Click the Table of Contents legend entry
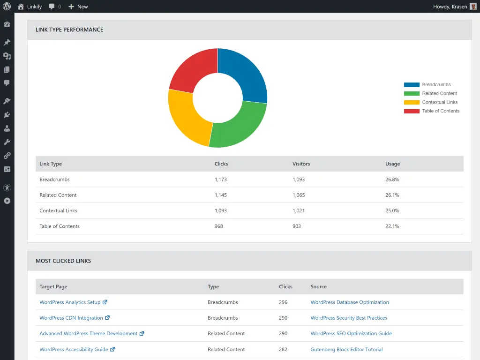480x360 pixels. [440, 111]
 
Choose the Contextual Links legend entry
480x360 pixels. [439, 102]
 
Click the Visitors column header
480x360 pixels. [301, 164]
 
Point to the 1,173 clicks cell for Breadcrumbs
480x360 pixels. [221, 180]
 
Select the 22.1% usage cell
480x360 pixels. [392, 226]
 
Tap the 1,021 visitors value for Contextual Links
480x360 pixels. [299, 211]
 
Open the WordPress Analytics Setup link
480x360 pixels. [70, 302]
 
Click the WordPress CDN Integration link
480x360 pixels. [71, 318]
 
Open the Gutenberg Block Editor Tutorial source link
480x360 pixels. [346, 349]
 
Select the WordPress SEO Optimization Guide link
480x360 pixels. [351, 334]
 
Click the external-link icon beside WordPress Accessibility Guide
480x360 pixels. [112, 349]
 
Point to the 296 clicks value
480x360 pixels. [283, 302]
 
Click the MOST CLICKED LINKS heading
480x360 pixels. [63, 261]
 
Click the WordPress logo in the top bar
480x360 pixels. [7, 7]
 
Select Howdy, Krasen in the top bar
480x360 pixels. [450, 7]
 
